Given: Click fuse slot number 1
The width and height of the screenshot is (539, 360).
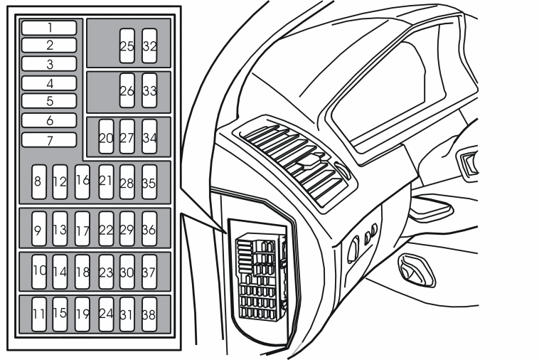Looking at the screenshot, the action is click(x=49, y=28).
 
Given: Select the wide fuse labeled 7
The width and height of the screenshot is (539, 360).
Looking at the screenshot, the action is click(x=49, y=140).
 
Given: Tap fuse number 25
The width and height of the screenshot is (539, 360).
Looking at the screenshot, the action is click(x=127, y=46).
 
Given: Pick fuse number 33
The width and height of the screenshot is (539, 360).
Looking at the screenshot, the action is click(x=149, y=90).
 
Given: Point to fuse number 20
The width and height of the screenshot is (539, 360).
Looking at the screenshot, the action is click(x=106, y=137).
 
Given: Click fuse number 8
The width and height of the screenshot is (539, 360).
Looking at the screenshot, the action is click(x=39, y=182).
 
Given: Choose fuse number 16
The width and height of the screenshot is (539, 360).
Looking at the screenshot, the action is click(x=82, y=182).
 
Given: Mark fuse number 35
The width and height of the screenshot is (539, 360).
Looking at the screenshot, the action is click(x=149, y=182).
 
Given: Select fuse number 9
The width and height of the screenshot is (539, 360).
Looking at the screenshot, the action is click(x=39, y=228).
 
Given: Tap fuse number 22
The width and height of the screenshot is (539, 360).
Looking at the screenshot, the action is click(x=106, y=228).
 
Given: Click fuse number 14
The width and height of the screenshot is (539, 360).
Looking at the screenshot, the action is click(x=60, y=272).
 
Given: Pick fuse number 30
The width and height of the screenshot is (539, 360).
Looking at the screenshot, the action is click(x=127, y=272).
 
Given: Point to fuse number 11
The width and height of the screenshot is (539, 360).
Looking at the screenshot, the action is click(x=39, y=314).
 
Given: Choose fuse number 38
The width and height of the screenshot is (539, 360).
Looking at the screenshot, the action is click(x=149, y=314).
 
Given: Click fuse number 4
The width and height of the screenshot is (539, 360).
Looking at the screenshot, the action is click(x=49, y=83).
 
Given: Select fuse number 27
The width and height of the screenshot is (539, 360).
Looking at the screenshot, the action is click(x=127, y=137).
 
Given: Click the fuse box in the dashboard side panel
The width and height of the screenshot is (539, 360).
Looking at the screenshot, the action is click(x=261, y=277).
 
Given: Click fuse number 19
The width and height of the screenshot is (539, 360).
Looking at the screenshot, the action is click(x=82, y=314).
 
